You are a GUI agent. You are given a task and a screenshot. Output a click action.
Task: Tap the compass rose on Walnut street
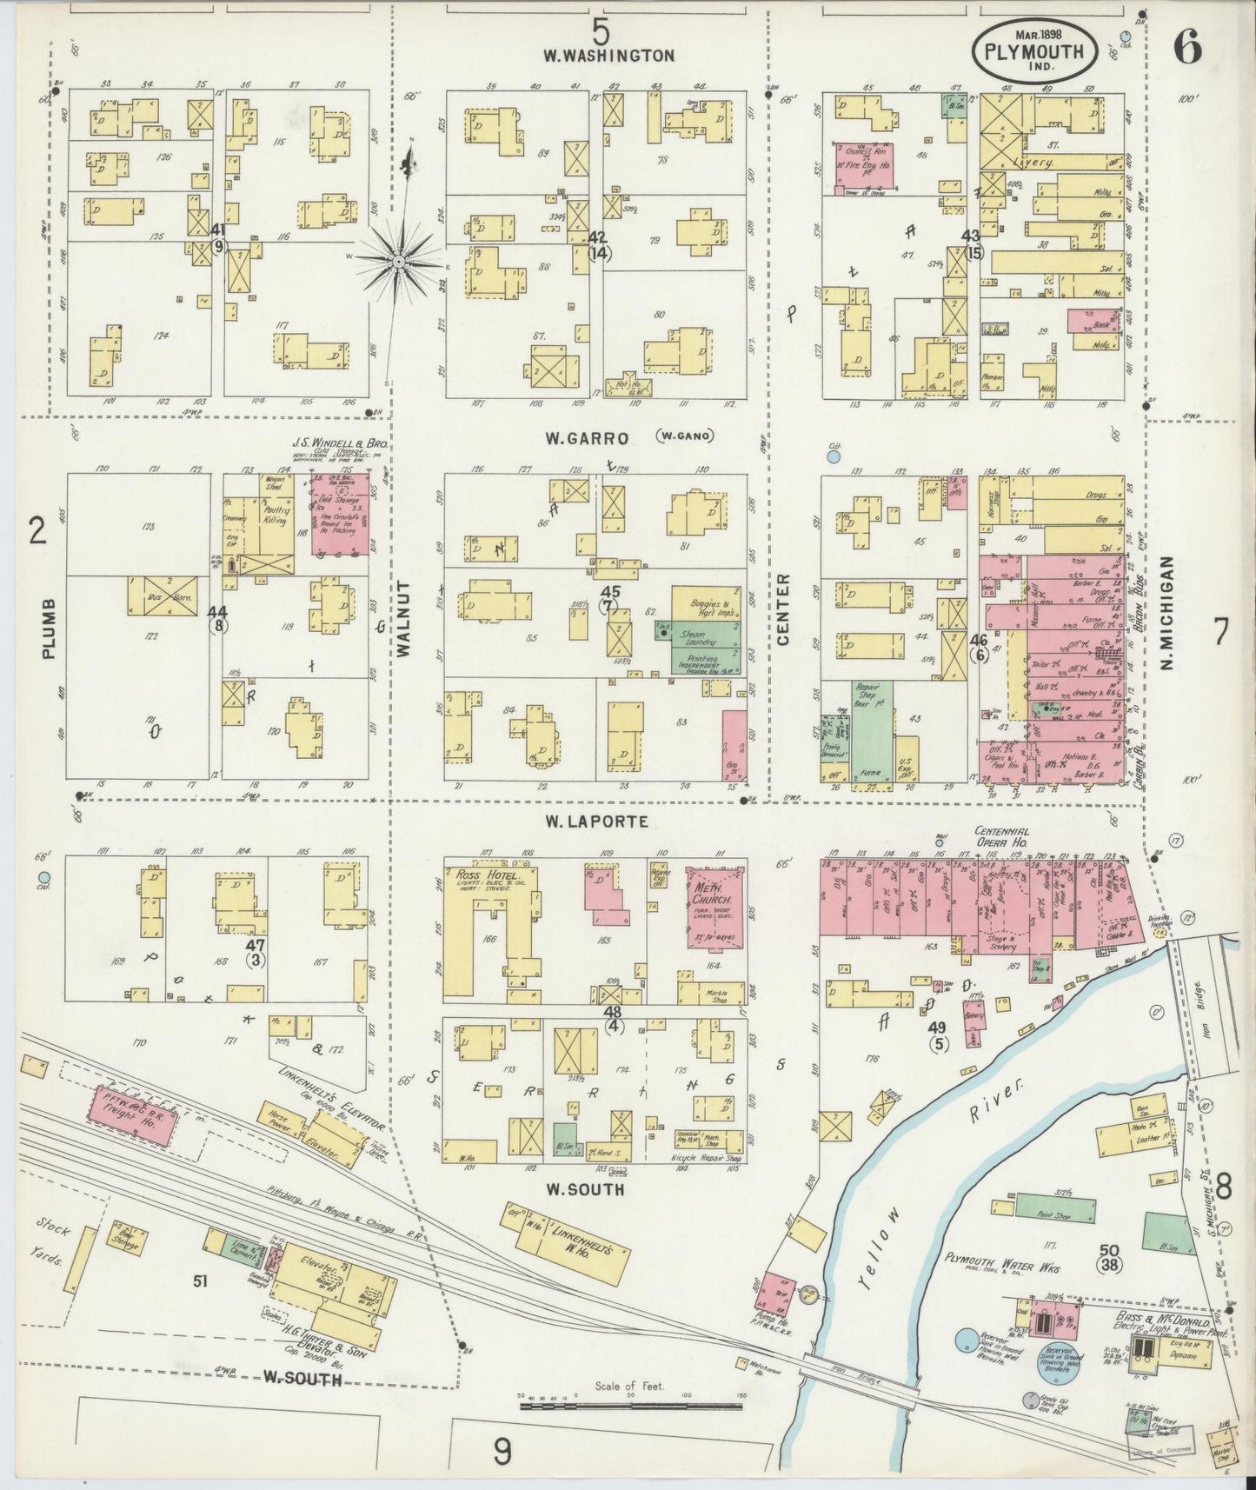pos(397,260)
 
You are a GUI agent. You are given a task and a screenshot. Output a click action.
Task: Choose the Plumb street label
pos(48,628)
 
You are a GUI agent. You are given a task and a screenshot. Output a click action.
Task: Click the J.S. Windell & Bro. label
pos(339,444)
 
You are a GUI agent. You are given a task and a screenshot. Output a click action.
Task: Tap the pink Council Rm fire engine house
pos(865,163)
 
